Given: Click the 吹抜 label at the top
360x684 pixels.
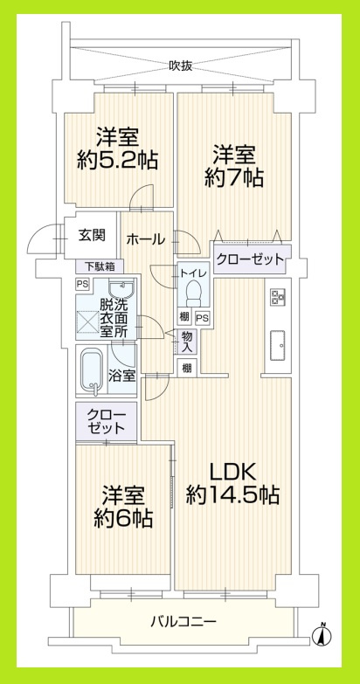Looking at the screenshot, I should tap(181, 65).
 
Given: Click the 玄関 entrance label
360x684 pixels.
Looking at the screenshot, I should tap(92, 235).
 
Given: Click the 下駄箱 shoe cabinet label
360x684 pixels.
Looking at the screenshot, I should tap(99, 266).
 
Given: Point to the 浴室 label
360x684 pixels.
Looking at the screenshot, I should tap(121, 377).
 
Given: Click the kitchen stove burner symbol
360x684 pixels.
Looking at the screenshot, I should tap(278, 296).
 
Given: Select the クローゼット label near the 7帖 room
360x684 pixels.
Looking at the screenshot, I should tap(250, 259).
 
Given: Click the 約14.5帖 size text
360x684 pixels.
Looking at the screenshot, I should tap(232, 495).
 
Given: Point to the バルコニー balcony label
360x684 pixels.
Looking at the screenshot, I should tap(183, 622).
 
